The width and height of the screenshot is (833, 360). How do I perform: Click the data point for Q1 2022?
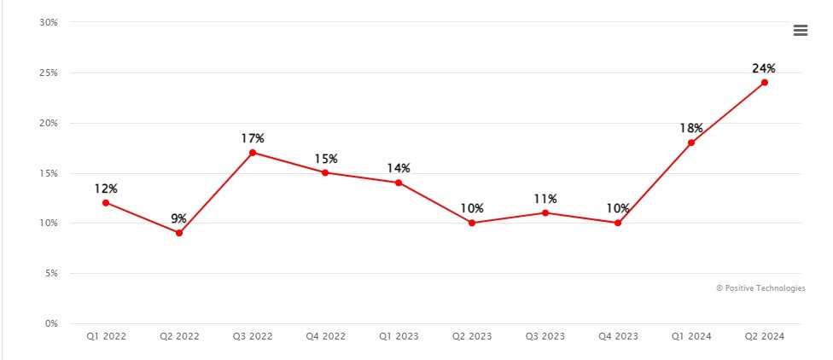[x=106, y=203]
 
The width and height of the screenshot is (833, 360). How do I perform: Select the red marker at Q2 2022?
[x=179, y=233]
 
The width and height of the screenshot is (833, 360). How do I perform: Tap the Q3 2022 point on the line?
[x=253, y=153]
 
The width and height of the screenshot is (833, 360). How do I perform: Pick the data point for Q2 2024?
[x=765, y=83]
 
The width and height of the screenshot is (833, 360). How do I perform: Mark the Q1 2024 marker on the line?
[x=691, y=142]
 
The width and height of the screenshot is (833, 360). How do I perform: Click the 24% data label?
[x=764, y=68]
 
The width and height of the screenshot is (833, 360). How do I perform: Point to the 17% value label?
[x=253, y=138]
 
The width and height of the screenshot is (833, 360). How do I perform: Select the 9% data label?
[x=179, y=218]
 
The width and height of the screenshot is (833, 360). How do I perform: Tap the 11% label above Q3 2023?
[x=545, y=198]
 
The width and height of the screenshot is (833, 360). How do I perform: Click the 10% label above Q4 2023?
[x=618, y=208]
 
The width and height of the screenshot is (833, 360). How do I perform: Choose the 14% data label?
[x=399, y=168]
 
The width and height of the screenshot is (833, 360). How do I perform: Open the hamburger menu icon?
[x=801, y=31]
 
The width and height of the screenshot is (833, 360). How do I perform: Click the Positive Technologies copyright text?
[x=760, y=288]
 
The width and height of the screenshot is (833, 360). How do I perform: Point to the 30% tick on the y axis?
[x=49, y=22]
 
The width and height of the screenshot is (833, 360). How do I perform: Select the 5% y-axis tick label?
[x=51, y=274]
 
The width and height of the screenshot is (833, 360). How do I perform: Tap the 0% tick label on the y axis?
[x=51, y=324]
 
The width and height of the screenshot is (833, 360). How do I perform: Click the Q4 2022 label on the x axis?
[x=326, y=337]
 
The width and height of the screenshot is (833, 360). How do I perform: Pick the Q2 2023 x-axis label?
[x=472, y=337]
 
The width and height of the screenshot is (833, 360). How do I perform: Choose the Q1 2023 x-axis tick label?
[x=399, y=337]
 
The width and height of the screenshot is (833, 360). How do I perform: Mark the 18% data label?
[x=691, y=128]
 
